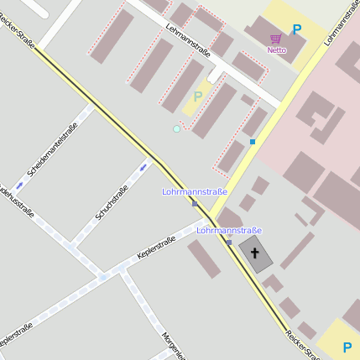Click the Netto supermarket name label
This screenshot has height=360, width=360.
point(276,50)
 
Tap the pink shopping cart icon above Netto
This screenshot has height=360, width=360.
point(276,39)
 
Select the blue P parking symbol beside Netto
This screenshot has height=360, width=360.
point(296,29)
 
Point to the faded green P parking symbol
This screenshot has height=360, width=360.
point(198,97)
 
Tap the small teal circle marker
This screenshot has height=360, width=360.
point(176,128)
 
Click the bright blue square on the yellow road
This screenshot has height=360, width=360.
point(252,142)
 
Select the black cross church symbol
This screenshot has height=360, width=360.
point(254,251)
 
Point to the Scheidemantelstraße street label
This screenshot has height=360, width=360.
point(52,149)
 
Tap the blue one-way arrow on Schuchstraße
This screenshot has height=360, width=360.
point(143,167)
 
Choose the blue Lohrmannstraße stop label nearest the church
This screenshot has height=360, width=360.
point(229,230)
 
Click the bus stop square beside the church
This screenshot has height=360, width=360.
point(228,242)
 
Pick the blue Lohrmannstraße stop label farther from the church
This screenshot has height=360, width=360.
point(195,192)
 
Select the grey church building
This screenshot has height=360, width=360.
point(256,253)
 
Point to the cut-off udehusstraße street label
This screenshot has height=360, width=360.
point(16,201)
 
